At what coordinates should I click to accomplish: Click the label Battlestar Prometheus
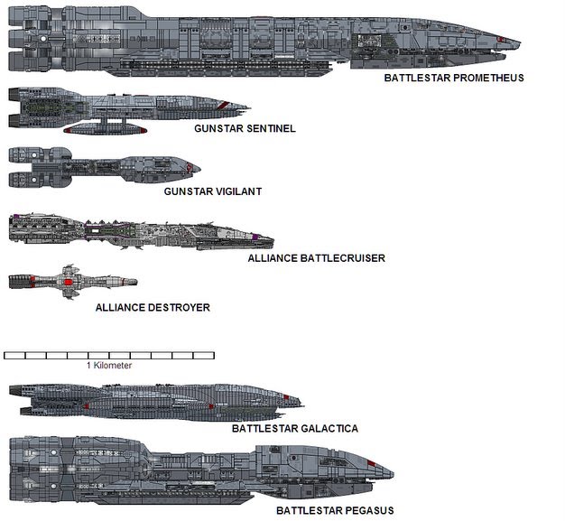454,78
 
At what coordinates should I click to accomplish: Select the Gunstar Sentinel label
245,128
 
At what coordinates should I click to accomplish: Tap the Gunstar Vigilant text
213,191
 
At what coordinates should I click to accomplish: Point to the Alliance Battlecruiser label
316,258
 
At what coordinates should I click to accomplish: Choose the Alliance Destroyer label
153,308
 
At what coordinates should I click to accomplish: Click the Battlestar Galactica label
295,429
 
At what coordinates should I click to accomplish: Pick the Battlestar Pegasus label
335,511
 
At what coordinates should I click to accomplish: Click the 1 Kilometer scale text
109,366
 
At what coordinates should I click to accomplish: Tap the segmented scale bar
102,356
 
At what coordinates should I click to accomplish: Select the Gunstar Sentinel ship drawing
126,110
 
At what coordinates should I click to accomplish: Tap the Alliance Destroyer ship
72,282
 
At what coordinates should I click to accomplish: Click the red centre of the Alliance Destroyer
69,283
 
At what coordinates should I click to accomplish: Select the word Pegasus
367,511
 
